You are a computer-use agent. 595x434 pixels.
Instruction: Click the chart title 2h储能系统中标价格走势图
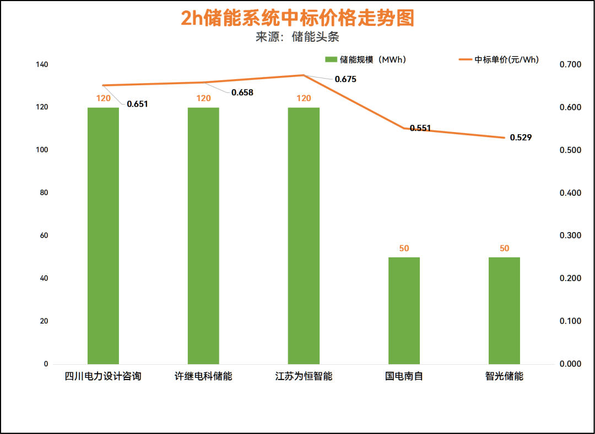297,18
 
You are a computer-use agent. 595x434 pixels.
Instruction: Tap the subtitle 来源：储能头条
297,37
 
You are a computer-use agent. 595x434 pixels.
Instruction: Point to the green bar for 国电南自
404,310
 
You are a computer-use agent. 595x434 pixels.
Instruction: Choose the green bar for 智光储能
504,310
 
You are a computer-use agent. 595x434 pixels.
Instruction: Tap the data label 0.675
345,79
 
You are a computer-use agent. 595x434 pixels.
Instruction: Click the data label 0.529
521,138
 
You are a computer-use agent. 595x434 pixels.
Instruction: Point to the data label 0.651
138,104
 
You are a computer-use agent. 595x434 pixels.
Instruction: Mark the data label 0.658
242,92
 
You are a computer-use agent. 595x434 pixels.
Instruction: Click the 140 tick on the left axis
42,65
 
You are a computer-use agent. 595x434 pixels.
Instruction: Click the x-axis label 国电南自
404,377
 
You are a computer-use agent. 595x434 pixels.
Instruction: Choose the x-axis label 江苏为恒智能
304,377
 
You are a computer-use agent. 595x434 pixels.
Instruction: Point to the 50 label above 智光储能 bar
504,248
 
